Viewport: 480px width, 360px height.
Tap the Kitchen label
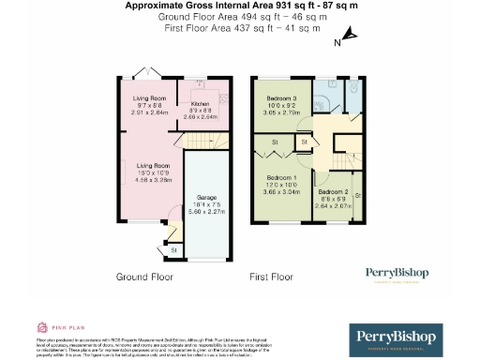pyautogui.click(x=201, y=104)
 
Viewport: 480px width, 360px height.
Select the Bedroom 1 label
pyautogui.click(x=281, y=178)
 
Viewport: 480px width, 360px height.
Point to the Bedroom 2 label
pyautogui.click(x=335, y=190)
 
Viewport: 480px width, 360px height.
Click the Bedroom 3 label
pyautogui.click(x=281, y=98)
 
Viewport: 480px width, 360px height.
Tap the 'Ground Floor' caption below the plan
pyautogui.click(x=144, y=277)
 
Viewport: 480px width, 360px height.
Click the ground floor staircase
pyautogui.click(x=196, y=141)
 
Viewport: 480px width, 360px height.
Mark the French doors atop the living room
pyautogui.click(x=143, y=73)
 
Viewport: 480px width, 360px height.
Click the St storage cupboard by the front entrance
pyautogui.click(x=172, y=250)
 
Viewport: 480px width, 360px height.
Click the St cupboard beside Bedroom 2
pyautogui.click(x=358, y=194)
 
